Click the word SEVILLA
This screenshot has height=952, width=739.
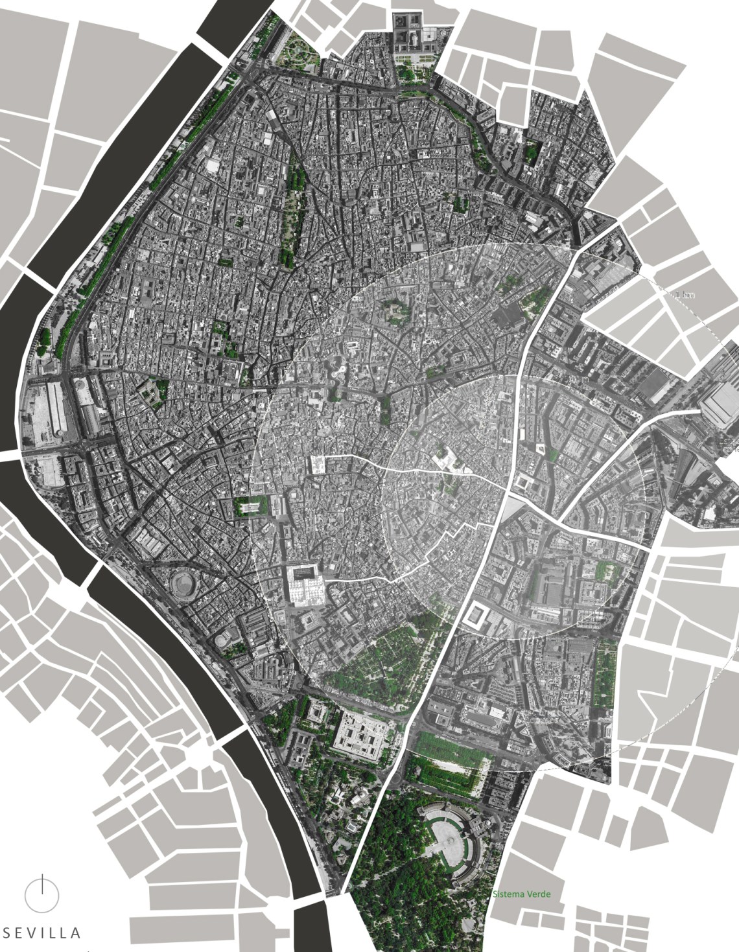click(x=43, y=933)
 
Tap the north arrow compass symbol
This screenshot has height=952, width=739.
click(x=42, y=894)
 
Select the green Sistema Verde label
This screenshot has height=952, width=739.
click(x=521, y=894)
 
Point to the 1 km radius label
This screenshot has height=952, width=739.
click(x=685, y=295)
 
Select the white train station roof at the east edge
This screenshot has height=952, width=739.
click(x=718, y=407)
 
